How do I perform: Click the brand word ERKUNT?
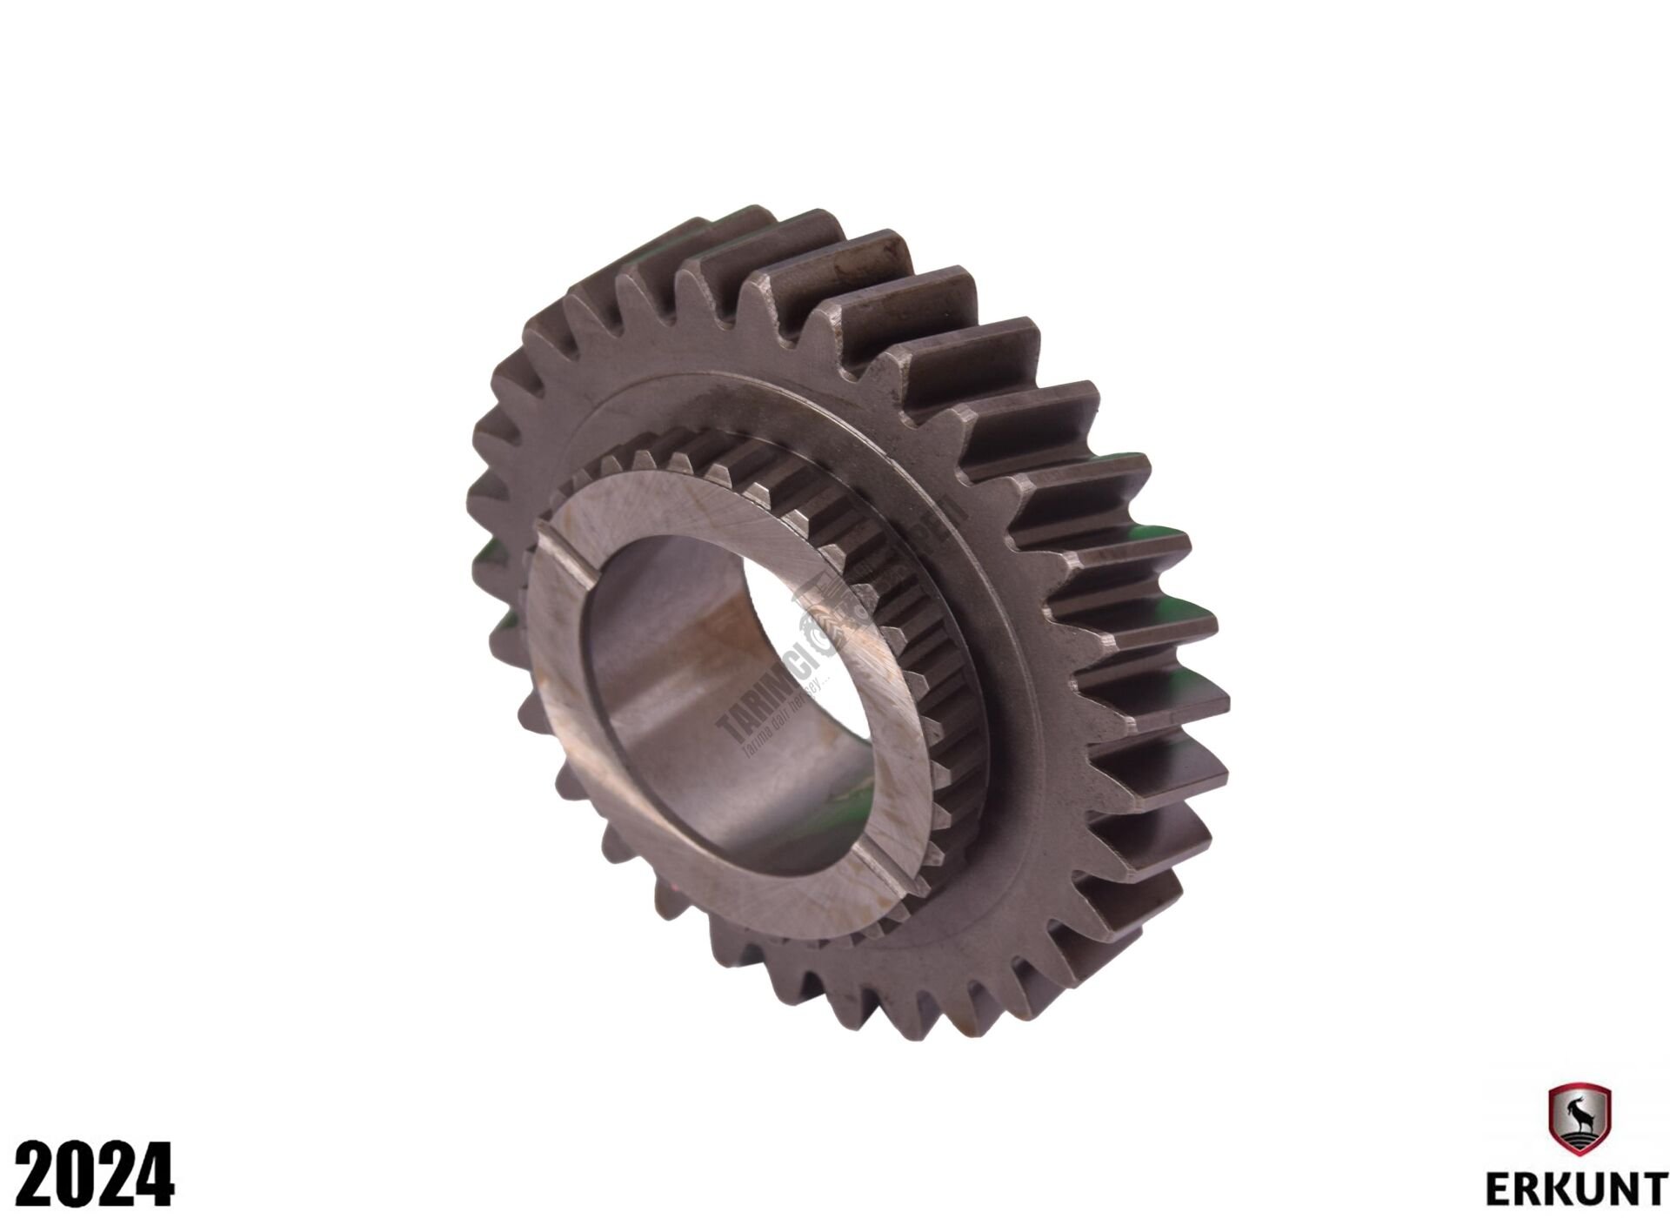coord(1575,1188)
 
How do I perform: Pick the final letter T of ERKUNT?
coord(1653,1188)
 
